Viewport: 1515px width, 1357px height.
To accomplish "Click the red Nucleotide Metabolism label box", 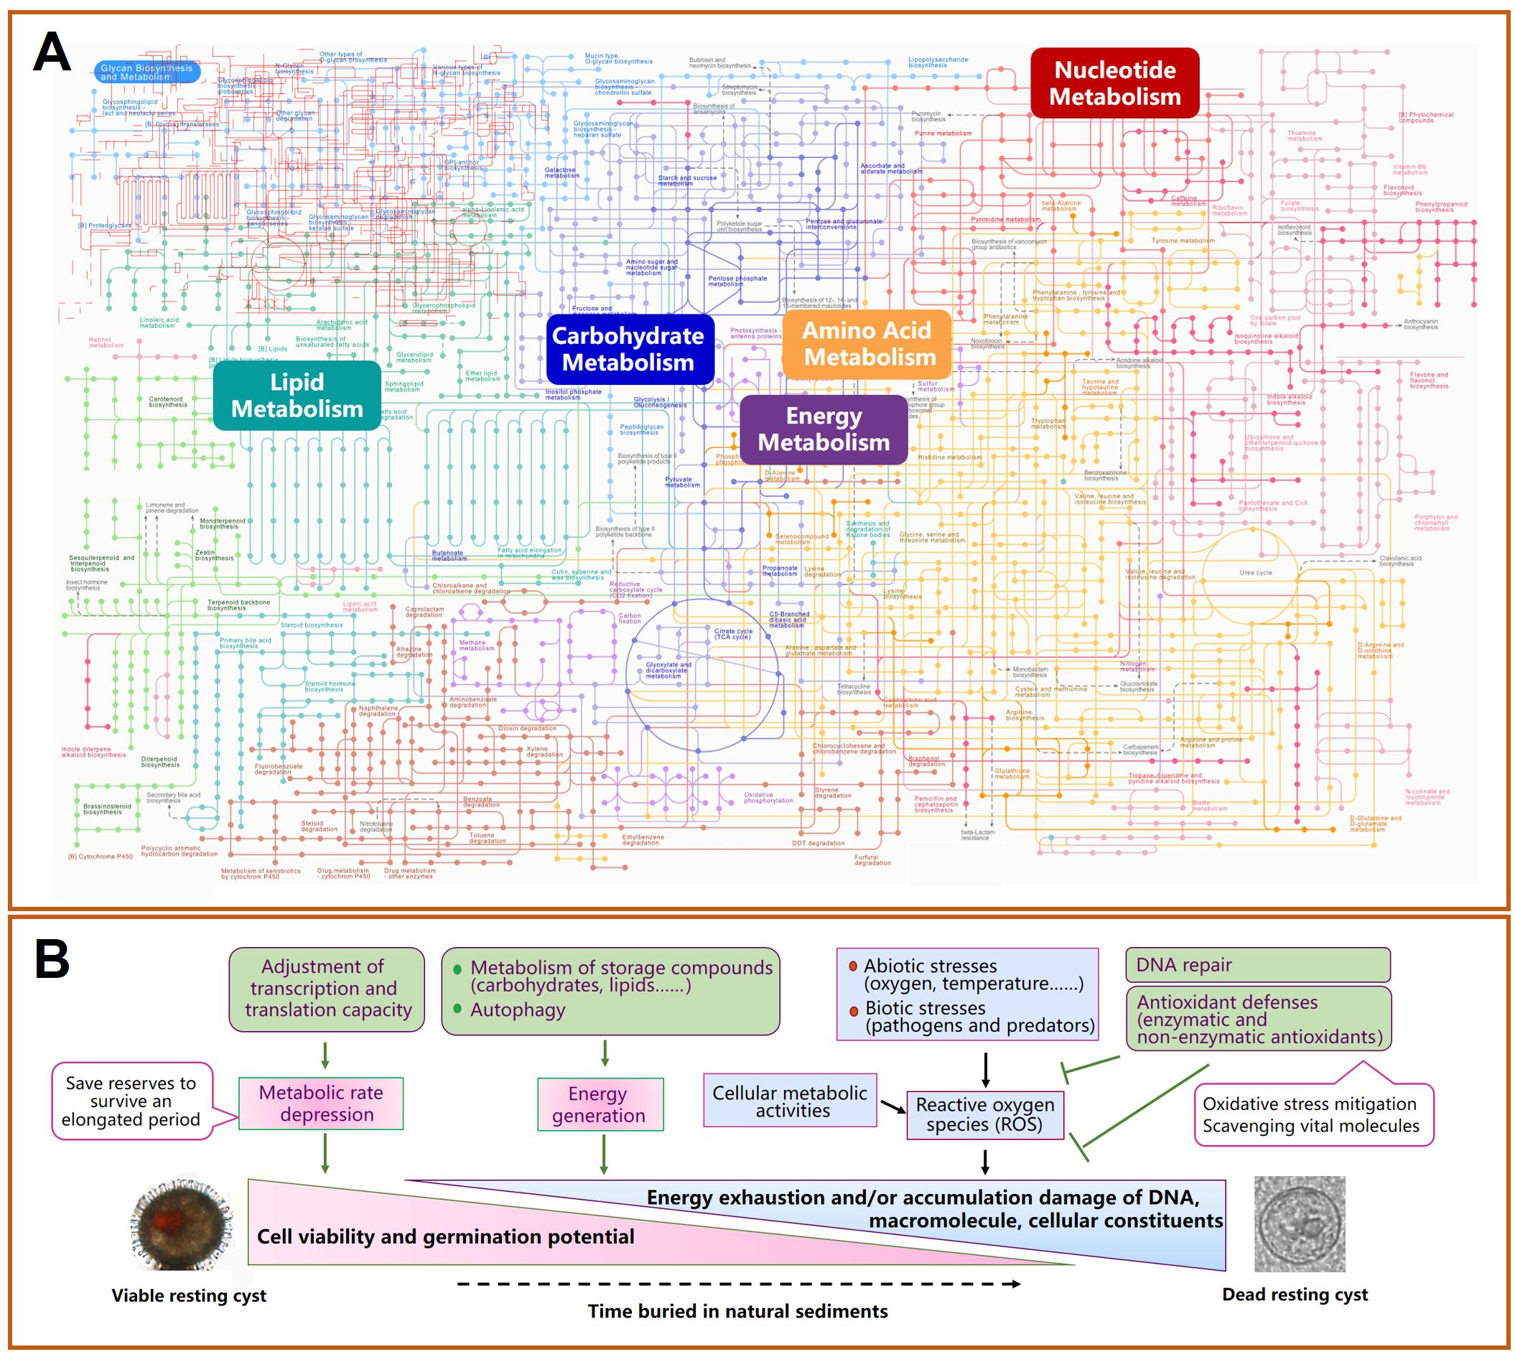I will (1114, 83).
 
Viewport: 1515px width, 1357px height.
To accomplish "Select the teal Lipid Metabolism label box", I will (297, 395).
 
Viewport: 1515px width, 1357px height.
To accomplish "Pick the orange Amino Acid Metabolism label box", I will (867, 344).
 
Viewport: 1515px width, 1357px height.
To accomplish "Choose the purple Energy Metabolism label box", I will (823, 429).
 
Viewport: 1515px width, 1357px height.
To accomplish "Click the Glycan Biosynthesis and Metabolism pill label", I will (146, 73).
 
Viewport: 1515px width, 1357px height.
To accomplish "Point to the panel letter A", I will (52, 54).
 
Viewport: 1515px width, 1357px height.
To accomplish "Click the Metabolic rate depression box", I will (321, 1104).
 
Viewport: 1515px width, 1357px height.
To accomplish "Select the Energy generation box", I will (600, 1104).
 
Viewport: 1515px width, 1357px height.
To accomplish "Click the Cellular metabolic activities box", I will (790, 1101).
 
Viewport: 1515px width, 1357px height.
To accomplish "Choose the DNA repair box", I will (1257, 965).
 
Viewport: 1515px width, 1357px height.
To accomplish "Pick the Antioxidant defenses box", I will (1259, 1019).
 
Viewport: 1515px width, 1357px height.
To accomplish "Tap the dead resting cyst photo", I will (1300, 1223).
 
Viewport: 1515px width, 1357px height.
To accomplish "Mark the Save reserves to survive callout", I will (131, 1101).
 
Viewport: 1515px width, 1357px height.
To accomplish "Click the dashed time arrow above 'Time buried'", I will (738, 1284).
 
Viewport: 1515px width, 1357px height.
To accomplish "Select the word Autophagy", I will (518, 1010).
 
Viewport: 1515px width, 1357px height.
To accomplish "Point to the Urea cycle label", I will (1256, 573).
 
